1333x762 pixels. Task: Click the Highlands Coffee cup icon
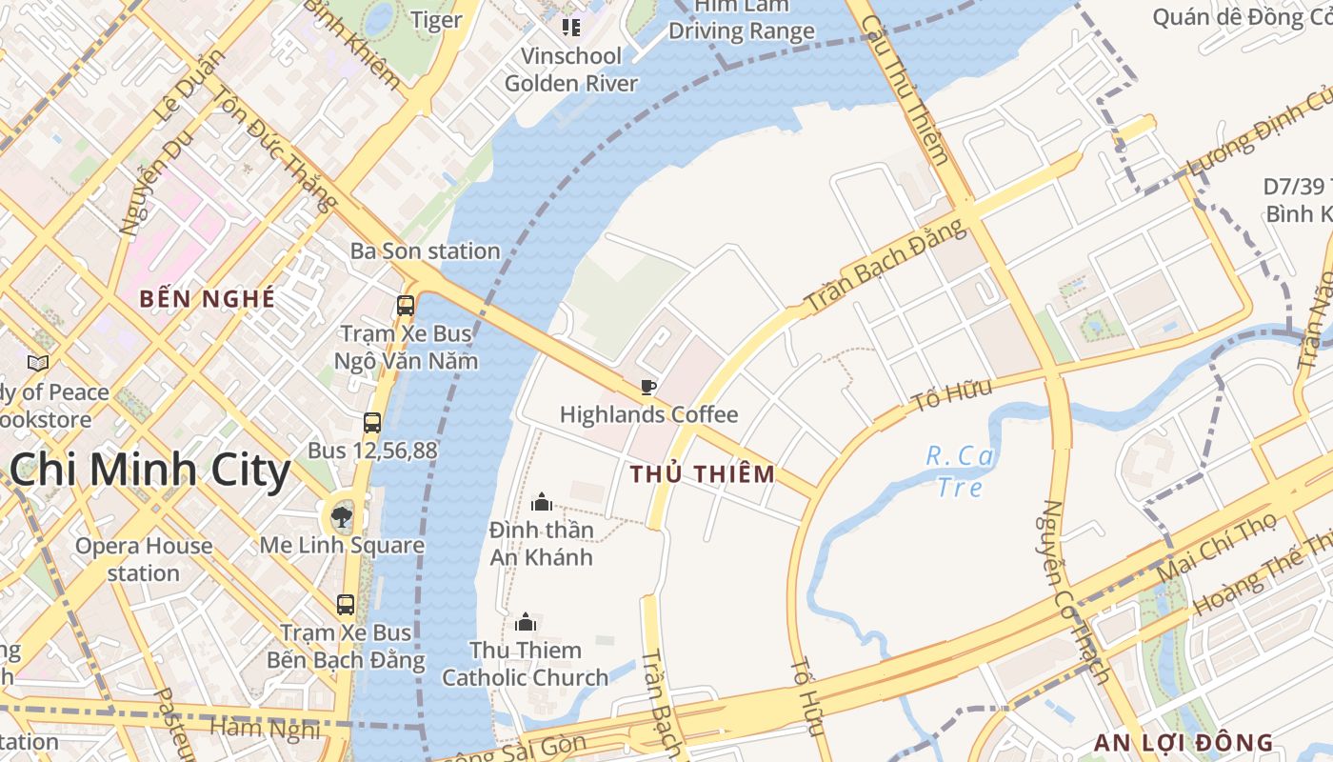coord(647,387)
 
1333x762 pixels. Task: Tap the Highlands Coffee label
coord(648,414)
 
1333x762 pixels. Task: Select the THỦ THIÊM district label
coord(703,473)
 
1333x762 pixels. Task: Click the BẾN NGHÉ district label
coord(207,298)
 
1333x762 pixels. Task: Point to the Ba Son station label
coord(425,251)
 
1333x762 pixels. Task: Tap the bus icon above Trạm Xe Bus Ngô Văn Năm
coord(406,306)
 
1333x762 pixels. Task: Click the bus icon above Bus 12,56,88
coord(372,423)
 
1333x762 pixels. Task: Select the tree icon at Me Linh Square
coord(341,517)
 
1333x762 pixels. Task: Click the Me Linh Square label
coord(342,545)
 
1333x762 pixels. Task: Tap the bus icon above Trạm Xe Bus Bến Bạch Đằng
coord(346,604)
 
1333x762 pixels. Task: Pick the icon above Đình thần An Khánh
coord(542,502)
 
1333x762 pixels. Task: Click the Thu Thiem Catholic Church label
coord(525,664)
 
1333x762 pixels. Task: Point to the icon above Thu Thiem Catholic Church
coord(526,623)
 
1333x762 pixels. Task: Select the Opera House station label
coord(144,559)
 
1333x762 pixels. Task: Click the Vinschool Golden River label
coord(571,70)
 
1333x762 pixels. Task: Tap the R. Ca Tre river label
coord(960,471)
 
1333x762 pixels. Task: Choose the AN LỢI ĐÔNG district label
coord(1183,743)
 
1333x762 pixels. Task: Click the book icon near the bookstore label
coord(38,363)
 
